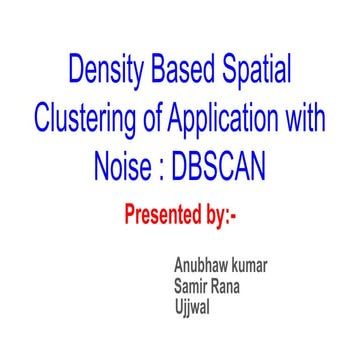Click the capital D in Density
click(x=75, y=71)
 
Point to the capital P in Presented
click(x=129, y=213)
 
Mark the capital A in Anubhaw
click(x=179, y=267)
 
